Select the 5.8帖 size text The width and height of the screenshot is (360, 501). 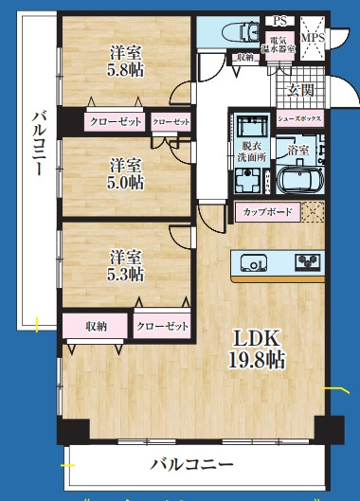click(125, 70)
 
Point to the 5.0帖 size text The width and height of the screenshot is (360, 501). click(124, 182)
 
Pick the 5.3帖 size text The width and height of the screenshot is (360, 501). click(124, 275)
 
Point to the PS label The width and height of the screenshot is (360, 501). click(279, 20)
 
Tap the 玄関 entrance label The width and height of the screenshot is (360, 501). click(302, 91)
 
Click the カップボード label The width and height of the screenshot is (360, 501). click(268, 211)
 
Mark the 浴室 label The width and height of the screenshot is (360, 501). click(298, 150)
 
